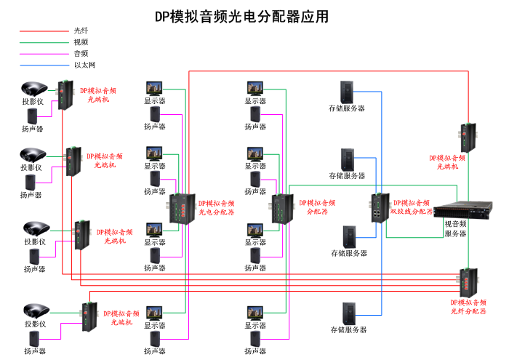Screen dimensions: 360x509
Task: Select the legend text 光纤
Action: click(81, 31)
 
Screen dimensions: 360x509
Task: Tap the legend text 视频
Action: click(81, 42)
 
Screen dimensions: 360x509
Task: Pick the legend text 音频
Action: click(81, 53)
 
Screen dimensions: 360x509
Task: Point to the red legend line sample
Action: click(44, 31)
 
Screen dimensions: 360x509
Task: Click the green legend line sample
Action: click(44, 42)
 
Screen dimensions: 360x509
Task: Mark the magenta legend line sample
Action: click(44, 54)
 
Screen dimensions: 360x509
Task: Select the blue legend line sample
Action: click(44, 65)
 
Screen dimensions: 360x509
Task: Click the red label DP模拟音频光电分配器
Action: click(217, 208)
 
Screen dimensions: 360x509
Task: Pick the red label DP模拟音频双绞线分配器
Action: click(412, 207)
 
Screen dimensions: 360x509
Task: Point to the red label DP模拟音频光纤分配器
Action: click(468, 306)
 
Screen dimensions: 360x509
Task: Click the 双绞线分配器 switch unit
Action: click(380, 207)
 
